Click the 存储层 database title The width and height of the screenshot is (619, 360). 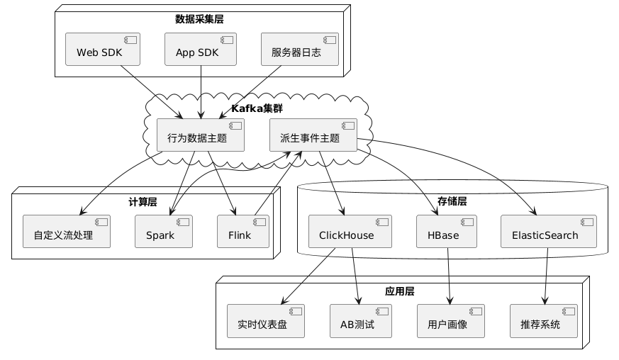(x=452, y=201)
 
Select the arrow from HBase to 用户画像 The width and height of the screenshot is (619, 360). (x=449, y=276)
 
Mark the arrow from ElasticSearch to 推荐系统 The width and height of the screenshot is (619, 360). (x=547, y=276)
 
